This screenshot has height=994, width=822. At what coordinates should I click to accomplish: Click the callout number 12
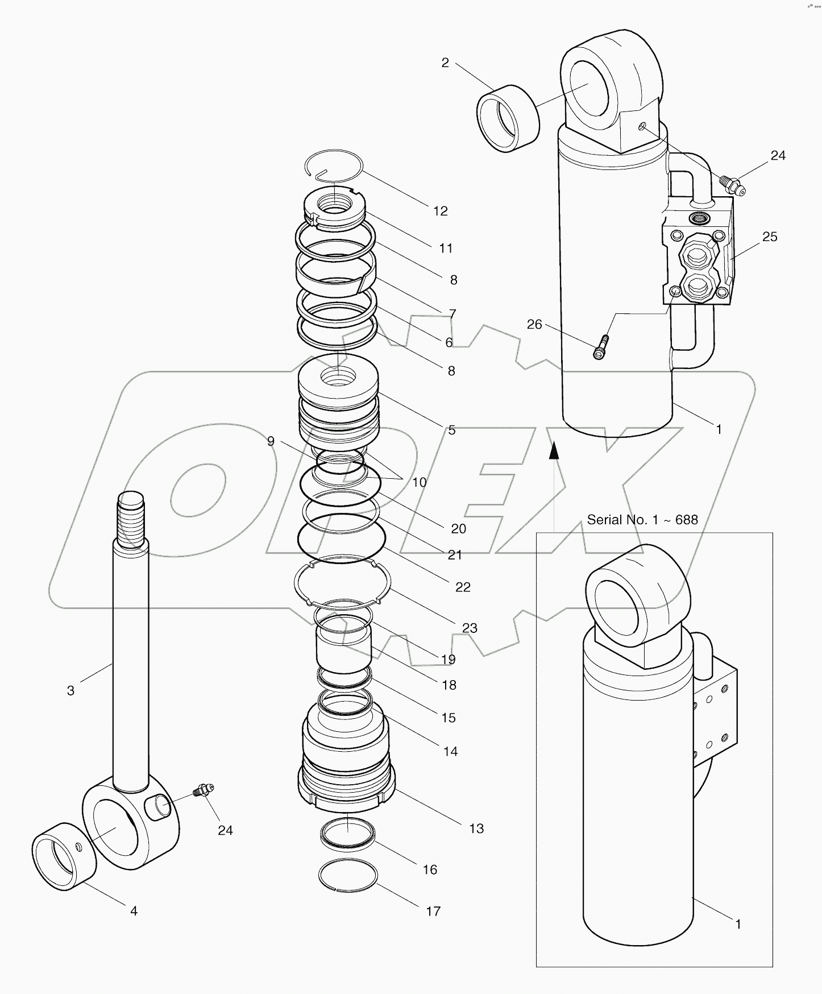(440, 211)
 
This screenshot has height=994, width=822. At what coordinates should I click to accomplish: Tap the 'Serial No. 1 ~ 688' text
(642, 520)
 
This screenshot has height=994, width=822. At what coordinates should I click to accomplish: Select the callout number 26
(534, 324)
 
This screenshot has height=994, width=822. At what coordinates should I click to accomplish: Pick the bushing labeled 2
(508, 118)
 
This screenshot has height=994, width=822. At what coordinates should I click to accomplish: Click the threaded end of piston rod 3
(131, 519)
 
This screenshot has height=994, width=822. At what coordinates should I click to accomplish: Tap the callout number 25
(769, 237)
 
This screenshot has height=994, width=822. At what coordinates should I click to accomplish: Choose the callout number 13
(476, 829)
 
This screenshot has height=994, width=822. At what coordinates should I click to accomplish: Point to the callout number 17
(433, 911)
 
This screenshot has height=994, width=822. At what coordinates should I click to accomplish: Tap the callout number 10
(419, 482)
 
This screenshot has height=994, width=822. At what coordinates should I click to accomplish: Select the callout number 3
(70, 690)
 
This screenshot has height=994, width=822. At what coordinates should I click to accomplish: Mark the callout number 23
(470, 628)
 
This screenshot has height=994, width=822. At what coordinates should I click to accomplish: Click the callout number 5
(451, 430)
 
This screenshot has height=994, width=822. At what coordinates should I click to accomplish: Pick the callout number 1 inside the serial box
(738, 924)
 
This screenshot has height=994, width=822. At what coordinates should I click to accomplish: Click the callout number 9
(271, 441)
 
